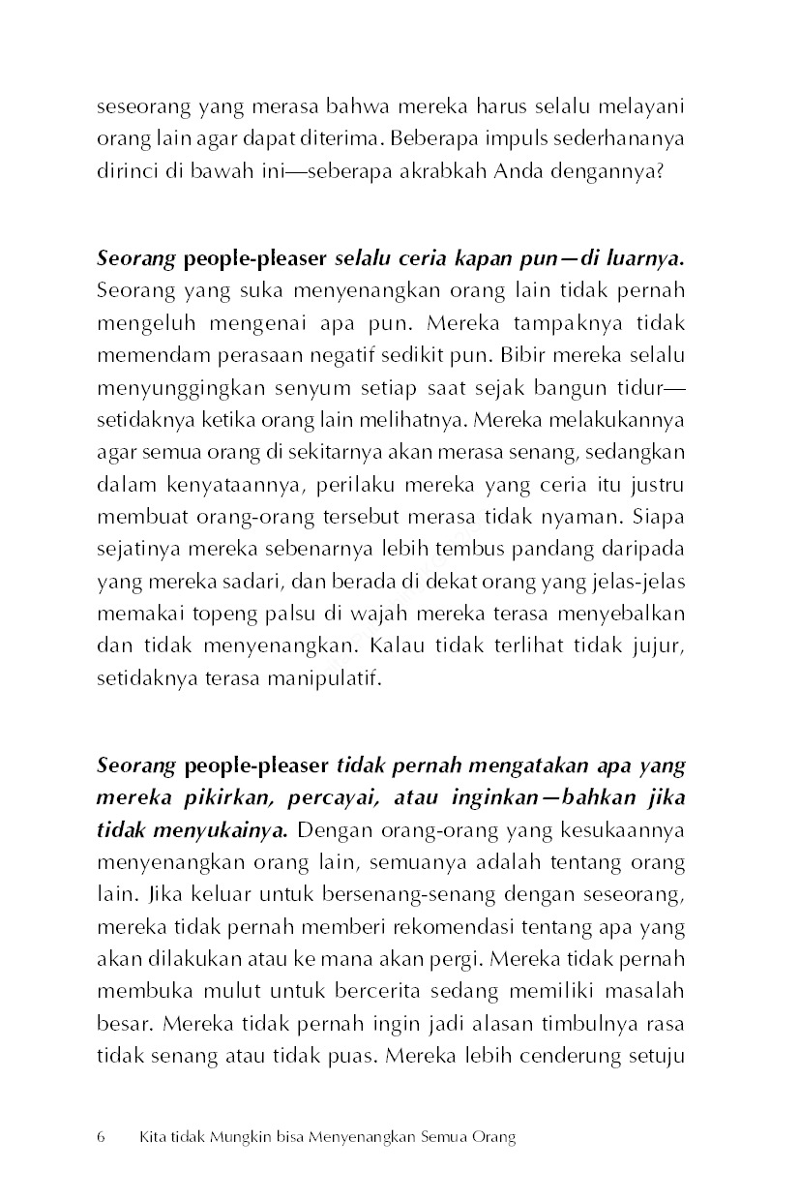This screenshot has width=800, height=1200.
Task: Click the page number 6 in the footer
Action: [101, 1137]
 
